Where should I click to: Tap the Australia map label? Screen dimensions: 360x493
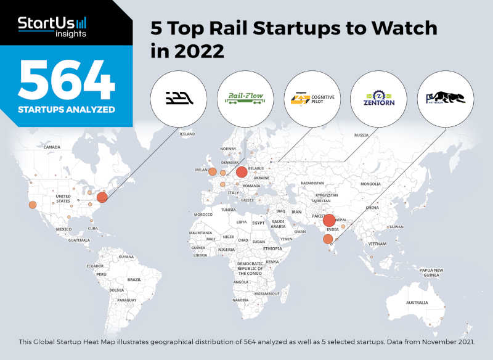417,303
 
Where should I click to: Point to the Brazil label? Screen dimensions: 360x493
134,279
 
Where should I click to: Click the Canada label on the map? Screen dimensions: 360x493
52,147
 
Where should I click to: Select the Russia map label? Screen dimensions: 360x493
361,135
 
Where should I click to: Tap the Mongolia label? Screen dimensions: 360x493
371,184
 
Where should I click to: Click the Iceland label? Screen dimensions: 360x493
187,134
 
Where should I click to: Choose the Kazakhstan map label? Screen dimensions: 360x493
312,183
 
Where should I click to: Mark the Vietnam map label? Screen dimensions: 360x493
377,244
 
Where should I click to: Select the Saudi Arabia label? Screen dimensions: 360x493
278,224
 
